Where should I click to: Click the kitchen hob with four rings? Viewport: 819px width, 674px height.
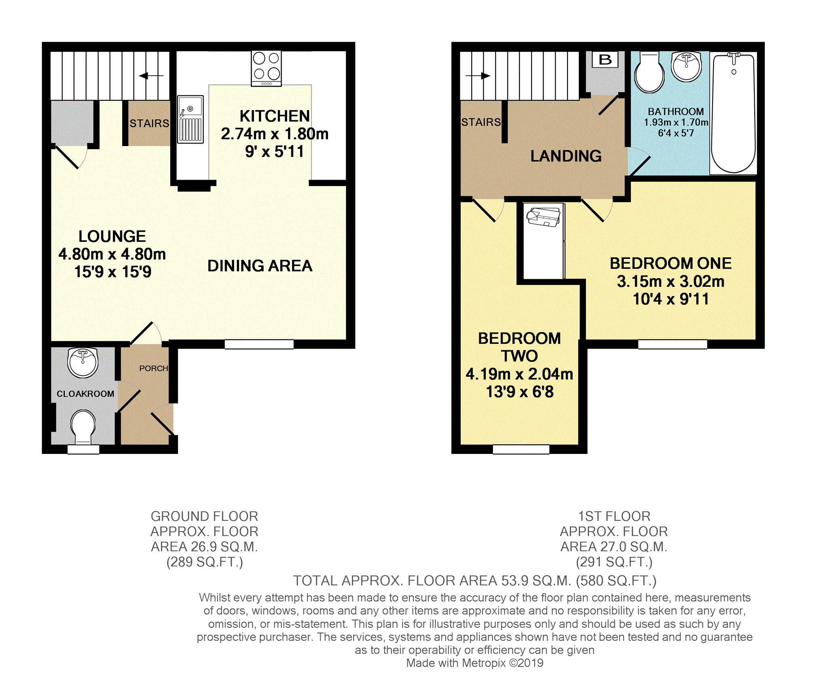(266, 68)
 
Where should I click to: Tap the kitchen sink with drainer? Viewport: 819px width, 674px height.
(190, 119)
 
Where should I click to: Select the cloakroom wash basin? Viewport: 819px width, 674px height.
(83, 362)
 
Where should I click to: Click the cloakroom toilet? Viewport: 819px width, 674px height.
(83, 427)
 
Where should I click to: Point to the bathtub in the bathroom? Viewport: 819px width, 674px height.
(733, 113)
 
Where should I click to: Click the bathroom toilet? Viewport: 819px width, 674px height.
(650, 73)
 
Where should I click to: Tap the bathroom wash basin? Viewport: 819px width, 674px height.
(686, 66)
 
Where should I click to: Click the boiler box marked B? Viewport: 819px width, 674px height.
(605, 59)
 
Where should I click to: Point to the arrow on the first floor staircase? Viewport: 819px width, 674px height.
(478, 76)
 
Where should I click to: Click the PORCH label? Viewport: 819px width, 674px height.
(153, 368)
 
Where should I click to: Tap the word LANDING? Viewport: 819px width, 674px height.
(566, 156)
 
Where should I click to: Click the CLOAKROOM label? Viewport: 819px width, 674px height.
(85, 394)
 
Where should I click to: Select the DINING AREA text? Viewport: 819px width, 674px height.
(260, 266)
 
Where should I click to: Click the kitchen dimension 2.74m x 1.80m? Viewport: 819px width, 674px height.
(275, 134)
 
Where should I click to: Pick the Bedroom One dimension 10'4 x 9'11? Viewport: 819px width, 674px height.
(671, 299)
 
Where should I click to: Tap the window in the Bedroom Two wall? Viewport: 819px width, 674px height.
(521, 449)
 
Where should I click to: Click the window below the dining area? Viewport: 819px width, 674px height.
(259, 344)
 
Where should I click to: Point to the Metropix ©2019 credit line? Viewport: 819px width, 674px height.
(475, 663)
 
